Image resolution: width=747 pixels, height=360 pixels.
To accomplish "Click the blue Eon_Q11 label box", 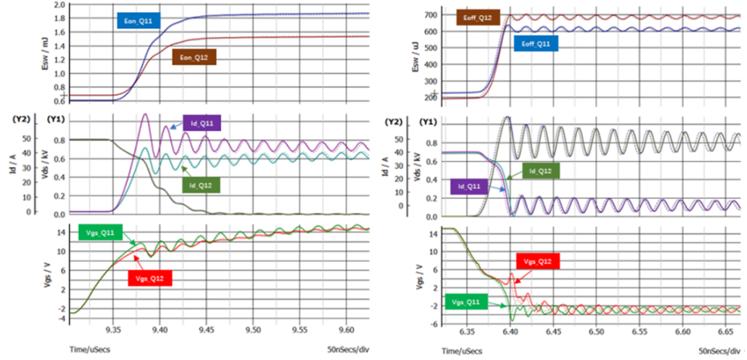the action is coord(138,21).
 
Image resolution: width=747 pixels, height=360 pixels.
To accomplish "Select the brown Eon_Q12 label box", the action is coord(195,58).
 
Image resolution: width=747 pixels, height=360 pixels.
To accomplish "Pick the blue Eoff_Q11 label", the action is coord(536,43).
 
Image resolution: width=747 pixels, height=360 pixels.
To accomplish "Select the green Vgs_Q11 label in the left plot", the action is coord(100,232).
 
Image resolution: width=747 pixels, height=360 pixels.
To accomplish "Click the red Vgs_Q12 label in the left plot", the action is coord(150,279).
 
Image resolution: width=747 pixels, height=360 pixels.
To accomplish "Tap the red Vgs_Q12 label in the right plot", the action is coord(538,261).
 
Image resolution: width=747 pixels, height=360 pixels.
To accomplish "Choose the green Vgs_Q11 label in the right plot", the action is coord(467,302).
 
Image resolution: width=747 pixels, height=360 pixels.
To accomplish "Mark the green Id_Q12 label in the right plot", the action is coord(541,171).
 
